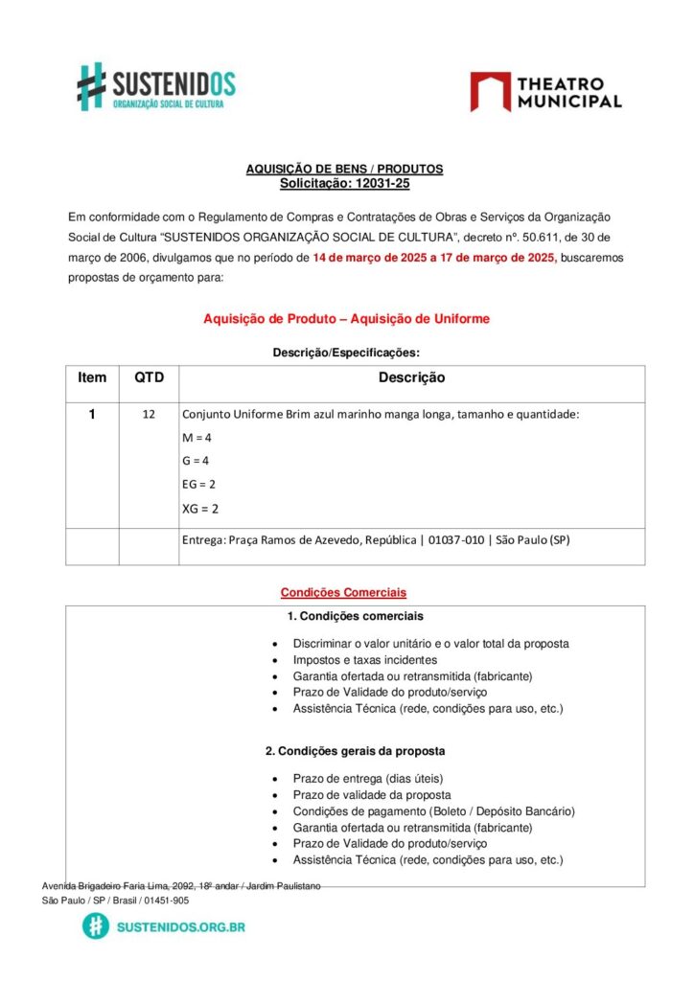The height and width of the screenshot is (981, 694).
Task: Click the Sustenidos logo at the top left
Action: [156, 87]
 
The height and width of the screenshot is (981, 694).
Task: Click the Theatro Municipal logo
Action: [545, 92]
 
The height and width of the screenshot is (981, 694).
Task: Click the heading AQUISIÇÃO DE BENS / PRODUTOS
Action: [344, 169]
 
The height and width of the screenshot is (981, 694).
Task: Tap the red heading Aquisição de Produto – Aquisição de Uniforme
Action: [346, 319]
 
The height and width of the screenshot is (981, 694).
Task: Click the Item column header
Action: [92, 377]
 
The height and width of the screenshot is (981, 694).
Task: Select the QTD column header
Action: [149, 377]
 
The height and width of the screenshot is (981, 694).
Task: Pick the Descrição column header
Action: [411, 378]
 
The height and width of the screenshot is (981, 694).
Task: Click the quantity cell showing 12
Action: [149, 415]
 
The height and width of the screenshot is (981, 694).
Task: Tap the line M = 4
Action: [197, 438]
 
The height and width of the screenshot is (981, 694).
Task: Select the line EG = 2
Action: [198, 485]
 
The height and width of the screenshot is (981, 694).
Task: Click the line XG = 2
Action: [200, 509]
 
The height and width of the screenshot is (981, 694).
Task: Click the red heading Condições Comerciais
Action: [343, 593]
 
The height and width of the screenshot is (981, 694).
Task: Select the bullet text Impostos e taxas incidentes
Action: [365, 660]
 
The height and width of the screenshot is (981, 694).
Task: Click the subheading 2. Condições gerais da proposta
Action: [355, 751]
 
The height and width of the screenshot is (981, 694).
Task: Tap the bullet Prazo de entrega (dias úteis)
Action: [368, 779]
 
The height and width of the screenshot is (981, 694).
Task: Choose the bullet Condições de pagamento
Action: [433, 811]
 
